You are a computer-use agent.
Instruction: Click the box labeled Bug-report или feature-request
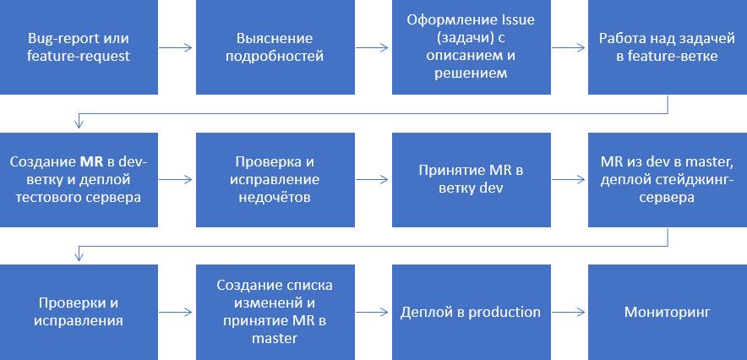[79, 47]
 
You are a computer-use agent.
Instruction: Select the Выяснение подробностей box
[275, 47]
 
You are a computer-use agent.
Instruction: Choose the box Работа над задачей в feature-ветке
[668, 47]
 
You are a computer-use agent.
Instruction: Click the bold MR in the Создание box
[91, 161]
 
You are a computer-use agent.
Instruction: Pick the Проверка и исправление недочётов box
[275, 179]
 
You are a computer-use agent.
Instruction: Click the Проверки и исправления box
[79, 312]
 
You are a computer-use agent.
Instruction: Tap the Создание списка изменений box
[275, 312]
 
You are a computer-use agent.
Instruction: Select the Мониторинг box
[668, 312]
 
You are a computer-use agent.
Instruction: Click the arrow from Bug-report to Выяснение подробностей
[177, 47]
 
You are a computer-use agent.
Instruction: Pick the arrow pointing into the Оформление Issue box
[373, 47]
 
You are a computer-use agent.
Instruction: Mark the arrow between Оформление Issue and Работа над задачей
[570, 47]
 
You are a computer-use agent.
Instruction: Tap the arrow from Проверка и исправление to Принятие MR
[373, 179]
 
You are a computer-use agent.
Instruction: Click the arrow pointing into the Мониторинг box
[570, 312]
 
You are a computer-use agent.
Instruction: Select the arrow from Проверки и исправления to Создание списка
[177, 312]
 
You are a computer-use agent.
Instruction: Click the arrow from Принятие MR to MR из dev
[570, 179]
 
